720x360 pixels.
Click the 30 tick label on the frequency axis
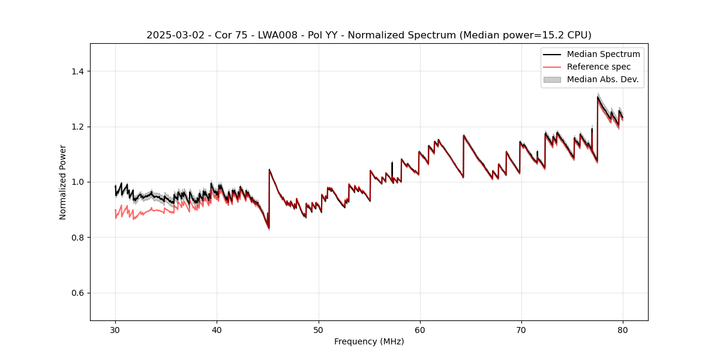coord(115,330)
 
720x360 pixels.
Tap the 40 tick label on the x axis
coord(217,330)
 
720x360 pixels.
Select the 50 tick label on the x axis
coord(318,330)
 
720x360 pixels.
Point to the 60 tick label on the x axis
coord(420,330)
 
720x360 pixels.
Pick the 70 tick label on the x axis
coord(521,330)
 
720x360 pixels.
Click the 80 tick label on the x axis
coord(623,330)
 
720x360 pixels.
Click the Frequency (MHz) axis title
coord(369,342)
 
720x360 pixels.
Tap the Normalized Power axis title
coord(63,182)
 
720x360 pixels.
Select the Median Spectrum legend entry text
coord(603,55)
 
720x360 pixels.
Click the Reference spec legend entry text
coord(599,67)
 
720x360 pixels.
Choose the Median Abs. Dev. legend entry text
coord(602,79)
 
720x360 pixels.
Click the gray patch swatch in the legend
coord(552,79)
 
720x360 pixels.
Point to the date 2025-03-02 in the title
coord(171,35)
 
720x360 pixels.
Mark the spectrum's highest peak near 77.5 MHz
coord(598,97)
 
